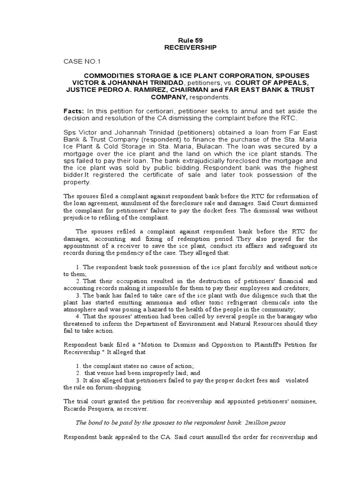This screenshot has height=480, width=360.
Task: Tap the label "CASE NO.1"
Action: (x=82, y=61)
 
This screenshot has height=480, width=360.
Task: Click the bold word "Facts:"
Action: (x=74, y=111)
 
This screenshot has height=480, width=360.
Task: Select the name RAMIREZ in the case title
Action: (x=158, y=90)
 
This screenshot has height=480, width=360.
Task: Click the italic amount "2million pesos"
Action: (x=264, y=422)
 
